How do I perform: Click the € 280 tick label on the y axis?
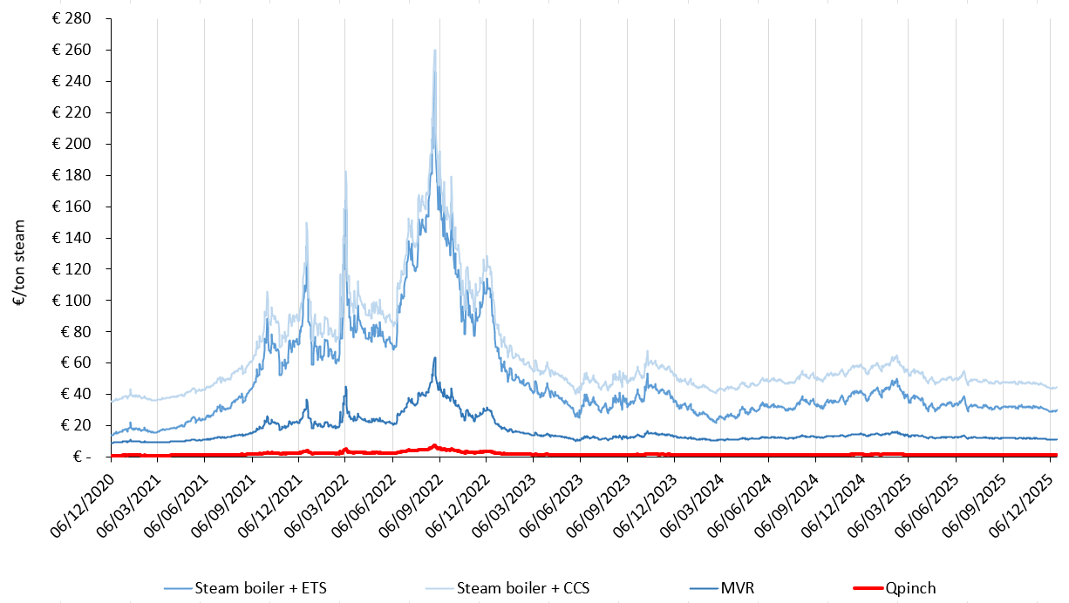coord(76,18)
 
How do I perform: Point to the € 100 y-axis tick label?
coord(76,300)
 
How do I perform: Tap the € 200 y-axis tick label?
coord(76,144)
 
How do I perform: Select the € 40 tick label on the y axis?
coord(78,394)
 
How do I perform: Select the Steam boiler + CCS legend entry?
coord(523,588)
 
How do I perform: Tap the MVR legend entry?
coord(737,588)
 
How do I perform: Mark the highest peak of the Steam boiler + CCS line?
coord(434,51)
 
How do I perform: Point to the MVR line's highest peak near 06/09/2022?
coord(434,357)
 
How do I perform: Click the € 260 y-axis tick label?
coord(76,50)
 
